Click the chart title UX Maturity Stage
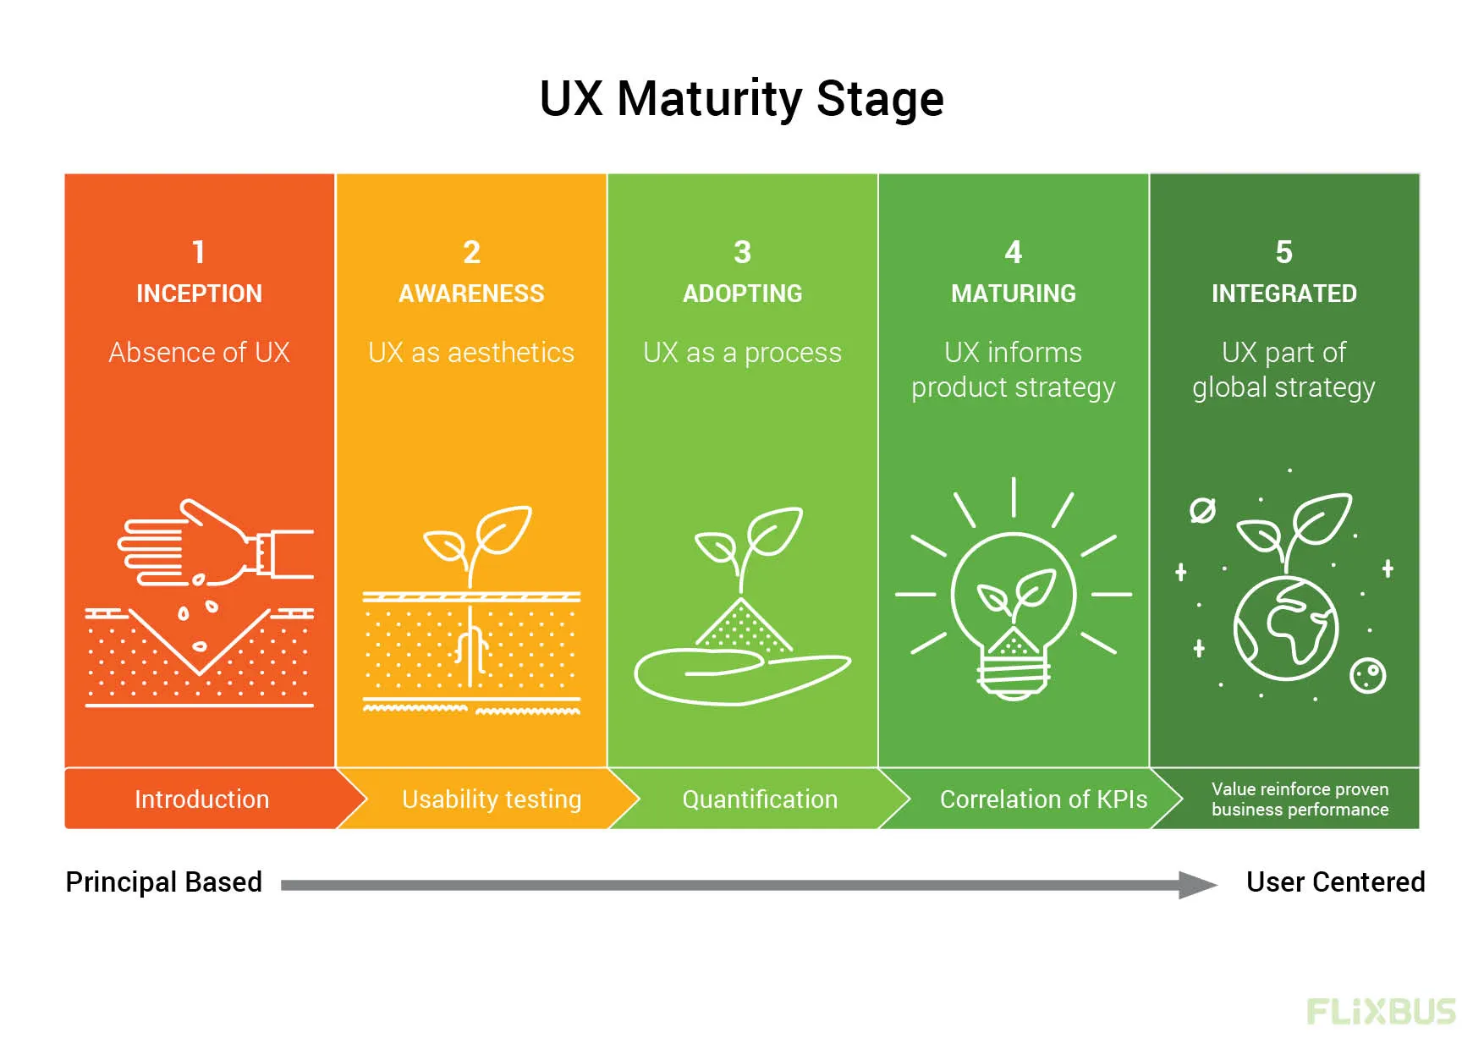pyautogui.click(x=741, y=99)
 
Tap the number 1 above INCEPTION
pyautogui.click(x=199, y=252)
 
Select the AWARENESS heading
pyautogui.click(x=471, y=294)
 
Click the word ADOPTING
pyautogui.click(x=742, y=294)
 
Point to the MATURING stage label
pyautogui.click(x=1013, y=294)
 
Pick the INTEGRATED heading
pyautogui.click(x=1283, y=294)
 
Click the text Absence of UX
pyautogui.click(x=199, y=352)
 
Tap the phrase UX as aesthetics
pyautogui.click(x=471, y=352)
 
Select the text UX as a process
pyautogui.click(x=742, y=352)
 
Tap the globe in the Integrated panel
pyautogui.click(x=1285, y=628)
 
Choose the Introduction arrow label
pyautogui.click(x=201, y=799)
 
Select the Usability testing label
pyautogui.click(x=492, y=799)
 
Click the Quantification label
pyautogui.click(x=760, y=799)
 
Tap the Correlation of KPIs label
pyautogui.click(x=1043, y=799)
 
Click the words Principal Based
pyautogui.click(x=163, y=882)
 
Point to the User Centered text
pyautogui.click(x=1335, y=882)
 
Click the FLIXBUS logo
pyautogui.click(x=1381, y=1012)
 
